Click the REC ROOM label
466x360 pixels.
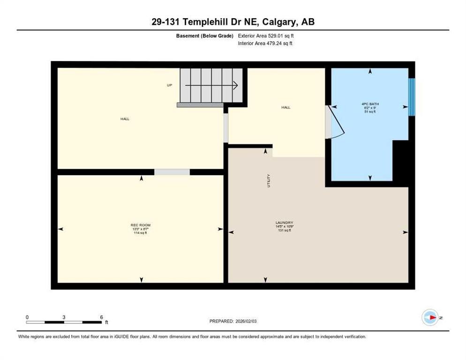point(141,225)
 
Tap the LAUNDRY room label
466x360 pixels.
point(285,223)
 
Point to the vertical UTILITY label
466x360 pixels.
point(269,180)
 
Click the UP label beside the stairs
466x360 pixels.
point(170,85)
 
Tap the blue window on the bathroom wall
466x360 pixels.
point(411,97)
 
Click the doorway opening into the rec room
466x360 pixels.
point(172,172)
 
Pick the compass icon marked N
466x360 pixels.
point(430,318)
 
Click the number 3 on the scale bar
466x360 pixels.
point(64,317)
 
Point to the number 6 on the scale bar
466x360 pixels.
point(101,317)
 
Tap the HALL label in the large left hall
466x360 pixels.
point(125,119)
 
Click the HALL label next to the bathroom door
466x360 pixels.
point(286,107)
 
